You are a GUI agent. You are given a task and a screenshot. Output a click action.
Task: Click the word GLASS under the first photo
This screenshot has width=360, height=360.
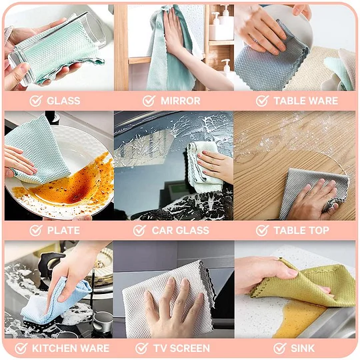(63, 101)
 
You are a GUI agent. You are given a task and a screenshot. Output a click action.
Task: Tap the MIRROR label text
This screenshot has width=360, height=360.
(181, 101)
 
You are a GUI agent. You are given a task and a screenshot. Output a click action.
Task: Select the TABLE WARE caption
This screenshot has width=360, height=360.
(306, 101)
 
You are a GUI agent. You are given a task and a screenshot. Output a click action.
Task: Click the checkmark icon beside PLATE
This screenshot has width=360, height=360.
(36, 230)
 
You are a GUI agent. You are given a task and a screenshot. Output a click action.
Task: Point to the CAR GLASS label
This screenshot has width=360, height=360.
(181, 230)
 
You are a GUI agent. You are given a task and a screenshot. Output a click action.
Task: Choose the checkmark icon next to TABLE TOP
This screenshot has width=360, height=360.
(262, 230)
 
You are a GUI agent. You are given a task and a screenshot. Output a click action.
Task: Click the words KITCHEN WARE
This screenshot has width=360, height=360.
(71, 348)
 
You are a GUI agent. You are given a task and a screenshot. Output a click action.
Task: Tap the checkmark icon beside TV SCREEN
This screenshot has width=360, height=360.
(141, 348)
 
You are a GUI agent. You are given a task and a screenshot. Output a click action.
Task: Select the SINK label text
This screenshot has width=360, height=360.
(303, 348)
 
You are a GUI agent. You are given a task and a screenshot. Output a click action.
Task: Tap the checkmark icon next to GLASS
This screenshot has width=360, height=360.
(36, 101)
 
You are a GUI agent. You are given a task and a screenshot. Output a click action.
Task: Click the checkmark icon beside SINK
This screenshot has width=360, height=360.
(280, 348)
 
